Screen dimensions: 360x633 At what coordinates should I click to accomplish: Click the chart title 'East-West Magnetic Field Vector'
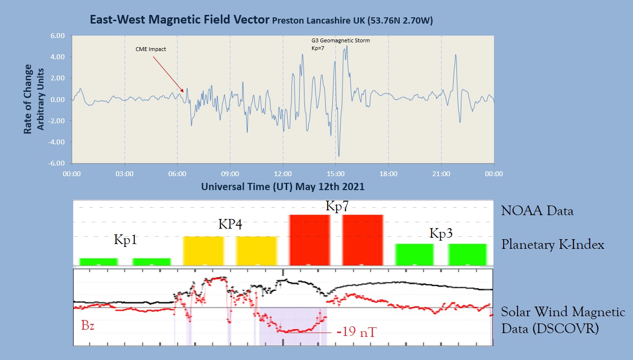[179, 20]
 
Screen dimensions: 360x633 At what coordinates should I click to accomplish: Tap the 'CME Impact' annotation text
[151, 49]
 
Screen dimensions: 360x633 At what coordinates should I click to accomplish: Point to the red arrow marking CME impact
[168, 74]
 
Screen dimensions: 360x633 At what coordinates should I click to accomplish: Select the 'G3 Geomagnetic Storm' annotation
[341, 41]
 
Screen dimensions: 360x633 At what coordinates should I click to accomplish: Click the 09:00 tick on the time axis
[230, 173]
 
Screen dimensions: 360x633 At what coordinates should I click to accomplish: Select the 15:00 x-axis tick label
[335, 173]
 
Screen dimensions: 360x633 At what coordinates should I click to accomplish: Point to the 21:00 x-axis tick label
[441, 173]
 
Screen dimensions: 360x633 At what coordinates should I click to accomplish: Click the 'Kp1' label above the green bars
[125, 240]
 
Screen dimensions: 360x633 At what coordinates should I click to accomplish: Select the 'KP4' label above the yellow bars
[230, 224]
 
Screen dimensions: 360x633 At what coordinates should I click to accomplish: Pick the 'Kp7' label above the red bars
[337, 206]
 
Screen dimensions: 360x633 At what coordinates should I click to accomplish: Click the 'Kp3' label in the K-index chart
[441, 233]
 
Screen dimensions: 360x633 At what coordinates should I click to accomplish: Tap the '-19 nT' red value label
[356, 332]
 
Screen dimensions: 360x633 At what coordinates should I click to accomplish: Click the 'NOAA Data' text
[537, 211]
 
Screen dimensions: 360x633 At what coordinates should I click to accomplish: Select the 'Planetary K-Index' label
[553, 245]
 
